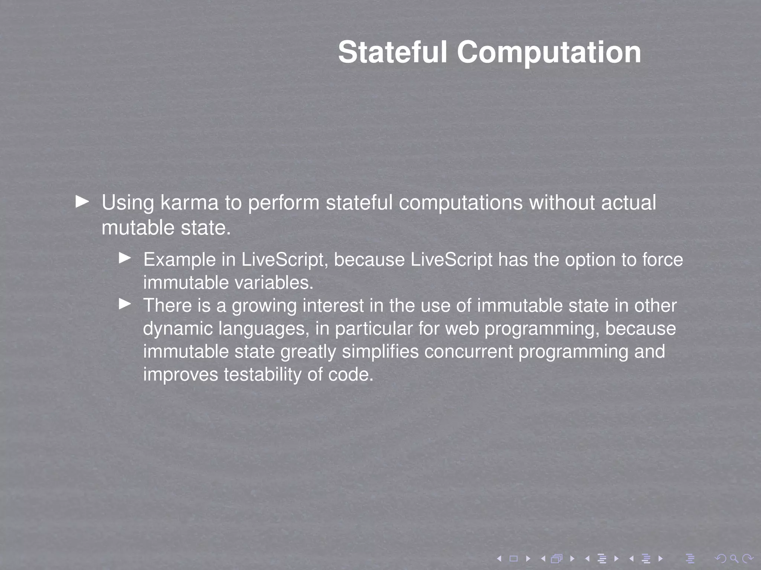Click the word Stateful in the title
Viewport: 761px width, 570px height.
[392, 52]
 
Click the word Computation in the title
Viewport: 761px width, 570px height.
[549, 52]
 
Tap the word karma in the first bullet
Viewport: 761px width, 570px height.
[189, 203]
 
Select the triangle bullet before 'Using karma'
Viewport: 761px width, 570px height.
[82, 202]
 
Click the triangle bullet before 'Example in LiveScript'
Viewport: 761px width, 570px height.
[125, 258]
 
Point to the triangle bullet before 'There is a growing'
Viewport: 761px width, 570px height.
[125, 304]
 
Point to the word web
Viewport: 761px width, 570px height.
[462, 329]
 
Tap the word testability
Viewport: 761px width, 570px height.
[262, 375]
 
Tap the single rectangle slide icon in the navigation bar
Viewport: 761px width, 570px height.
[514, 558]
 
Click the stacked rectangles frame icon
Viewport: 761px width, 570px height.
[557, 558]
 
